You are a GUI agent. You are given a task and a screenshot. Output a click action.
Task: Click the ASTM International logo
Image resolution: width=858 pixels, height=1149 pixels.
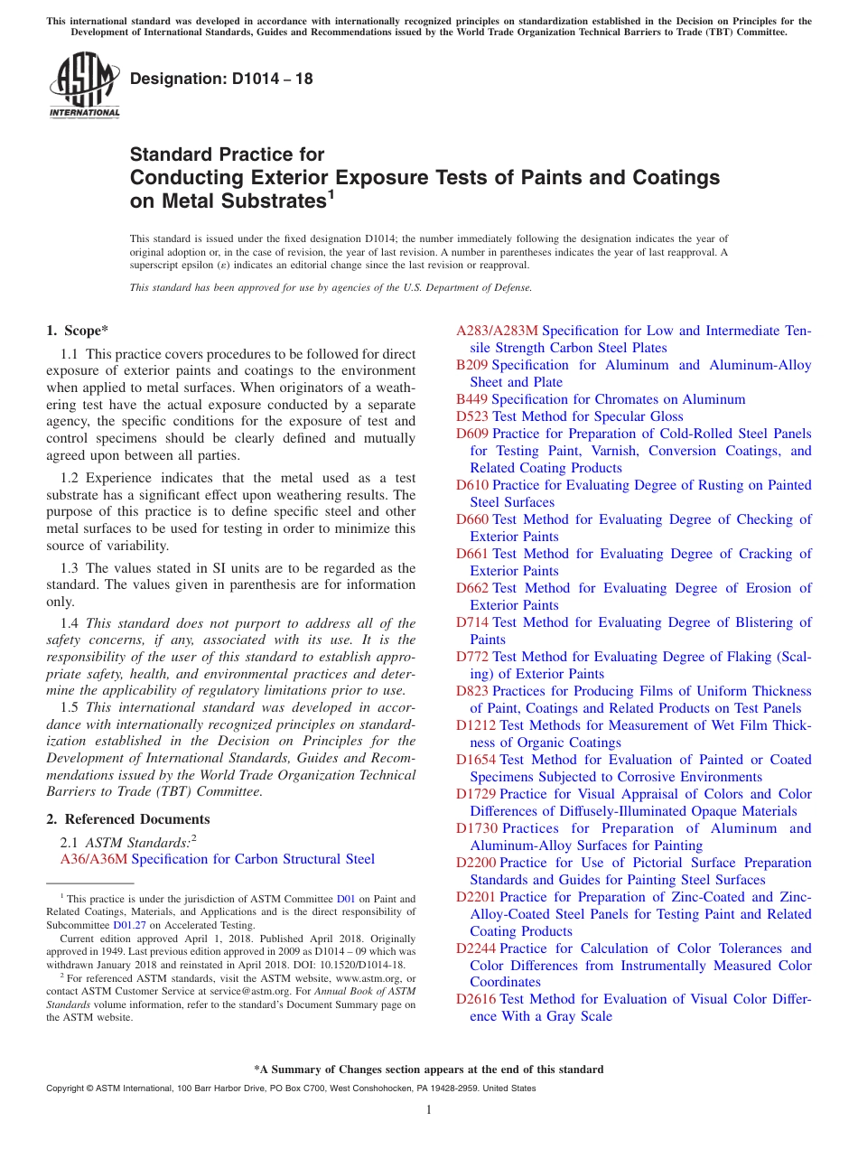pyautogui.click(x=84, y=86)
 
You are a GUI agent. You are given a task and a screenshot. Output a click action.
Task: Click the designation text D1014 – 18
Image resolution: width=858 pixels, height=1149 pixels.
pyautogui.click(x=221, y=79)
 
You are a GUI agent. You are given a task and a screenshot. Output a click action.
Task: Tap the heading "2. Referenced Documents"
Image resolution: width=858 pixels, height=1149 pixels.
pyautogui.click(x=128, y=819)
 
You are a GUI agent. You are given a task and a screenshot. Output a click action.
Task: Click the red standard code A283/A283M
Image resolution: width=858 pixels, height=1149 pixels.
pyautogui.click(x=497, y=331)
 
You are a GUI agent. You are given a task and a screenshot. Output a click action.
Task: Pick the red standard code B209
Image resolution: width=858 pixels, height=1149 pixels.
pyautogui.click(x=472, y=365)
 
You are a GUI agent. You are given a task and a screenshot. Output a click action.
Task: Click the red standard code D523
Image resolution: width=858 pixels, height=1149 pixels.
pyautogui.click(x=472, y=416)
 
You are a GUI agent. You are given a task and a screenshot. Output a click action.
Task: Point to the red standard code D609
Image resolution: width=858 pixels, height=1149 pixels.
pyautogui.click(x=472, y=434)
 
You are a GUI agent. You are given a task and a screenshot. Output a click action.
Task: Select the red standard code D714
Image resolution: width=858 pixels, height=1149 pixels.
pyautogui.click(x=472, y=622)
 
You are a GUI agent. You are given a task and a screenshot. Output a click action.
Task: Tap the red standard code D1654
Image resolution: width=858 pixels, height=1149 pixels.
pyautogui.click(x=476, y=760)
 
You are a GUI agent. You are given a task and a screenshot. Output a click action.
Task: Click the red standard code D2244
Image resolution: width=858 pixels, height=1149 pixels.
pyautogui.click(x=476, y=948)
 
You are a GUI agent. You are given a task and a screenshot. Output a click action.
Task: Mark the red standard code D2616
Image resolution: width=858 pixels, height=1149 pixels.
pyautogui.click(x=476, y=999)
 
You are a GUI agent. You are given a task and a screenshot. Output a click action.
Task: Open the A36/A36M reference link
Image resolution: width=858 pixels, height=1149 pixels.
pyautogui.click(x=94, y=859)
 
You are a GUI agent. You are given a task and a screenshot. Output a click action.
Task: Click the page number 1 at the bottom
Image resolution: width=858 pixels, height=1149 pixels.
pyautogui.click(x=429, y=1109)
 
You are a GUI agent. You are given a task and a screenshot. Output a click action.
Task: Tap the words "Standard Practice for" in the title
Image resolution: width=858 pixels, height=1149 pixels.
pyautogui.click(x=227, y=154)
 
